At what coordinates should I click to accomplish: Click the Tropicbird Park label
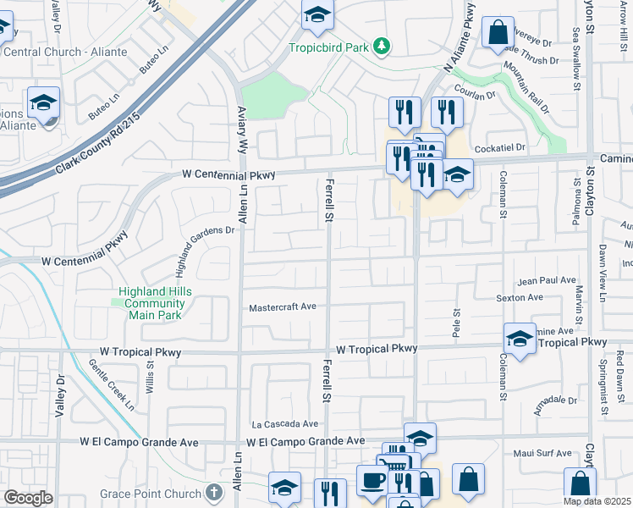click(x=329, y=47)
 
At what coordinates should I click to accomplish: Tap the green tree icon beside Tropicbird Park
click(x=383, y=46)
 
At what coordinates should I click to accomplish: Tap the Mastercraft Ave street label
click(x=282, y=307)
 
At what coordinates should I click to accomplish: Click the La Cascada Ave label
click(x=284, y=423)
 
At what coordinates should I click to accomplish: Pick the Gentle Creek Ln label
click(x=111, y=385)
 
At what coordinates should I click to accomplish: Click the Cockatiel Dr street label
click(x=500, y=147)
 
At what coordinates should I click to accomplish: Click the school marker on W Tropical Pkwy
click(x=520, y=339)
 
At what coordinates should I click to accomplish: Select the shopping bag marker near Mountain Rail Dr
click(x=498, y=32)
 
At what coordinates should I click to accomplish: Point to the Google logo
click(x=28, y=498)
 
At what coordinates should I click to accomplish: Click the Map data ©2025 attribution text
click(x=596, y=501)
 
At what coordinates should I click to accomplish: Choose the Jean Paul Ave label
click(x=546, y=280)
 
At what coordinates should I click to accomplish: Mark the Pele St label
click(x=456, y=321)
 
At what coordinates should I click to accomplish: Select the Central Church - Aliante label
click(x=65, y=52)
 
